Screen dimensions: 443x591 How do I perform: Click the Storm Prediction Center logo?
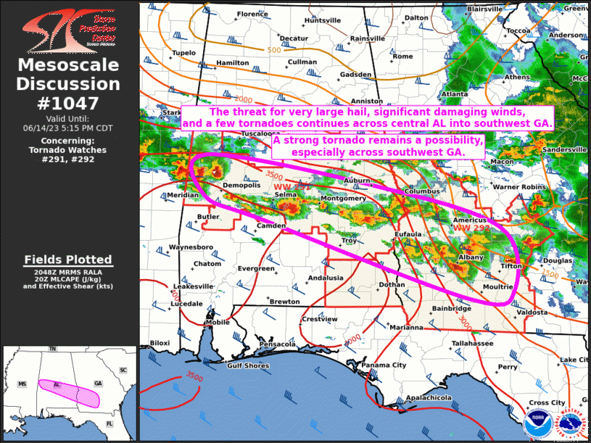pos(68,28)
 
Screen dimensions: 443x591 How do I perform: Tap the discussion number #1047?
pos(68,102)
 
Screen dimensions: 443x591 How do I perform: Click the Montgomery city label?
pos(343,198)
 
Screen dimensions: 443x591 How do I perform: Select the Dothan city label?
pos(392,285)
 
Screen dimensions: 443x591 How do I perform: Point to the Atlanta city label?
pos(455,94)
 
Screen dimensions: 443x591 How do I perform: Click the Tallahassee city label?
pos(472,343)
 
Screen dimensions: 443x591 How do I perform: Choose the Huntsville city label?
pos(322,20)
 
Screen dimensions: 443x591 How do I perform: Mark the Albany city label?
pos(471,257)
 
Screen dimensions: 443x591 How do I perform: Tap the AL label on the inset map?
pos(56,384)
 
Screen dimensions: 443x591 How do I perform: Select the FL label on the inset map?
pos(109,423)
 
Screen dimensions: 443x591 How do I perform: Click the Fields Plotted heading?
pos(68,259)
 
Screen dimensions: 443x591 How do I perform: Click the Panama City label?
pos(384,365)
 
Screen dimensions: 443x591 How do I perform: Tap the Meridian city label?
pos(182,195)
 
